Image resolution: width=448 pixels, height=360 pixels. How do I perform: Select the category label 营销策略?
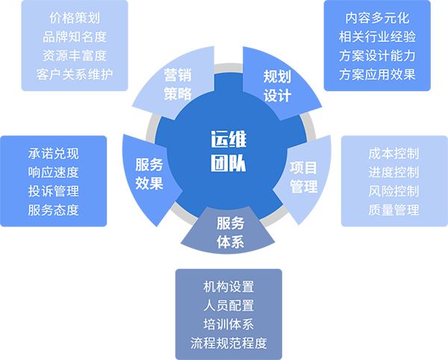pyautogui.click(x=178, y=84)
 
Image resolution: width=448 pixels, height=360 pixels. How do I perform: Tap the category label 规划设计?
pyautogui.click(x=277, y=86)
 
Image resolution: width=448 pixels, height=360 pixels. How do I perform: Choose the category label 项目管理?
pyautogui.click(x=303, y=177)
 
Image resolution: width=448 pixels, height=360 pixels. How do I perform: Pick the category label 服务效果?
pyautogui.click(x=149, y=174)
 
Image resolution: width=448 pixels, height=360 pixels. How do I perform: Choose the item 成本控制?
pyautogui.click(x=393, y=153)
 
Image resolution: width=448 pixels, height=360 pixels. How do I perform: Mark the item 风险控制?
pyautogui.click(x=393, y=191)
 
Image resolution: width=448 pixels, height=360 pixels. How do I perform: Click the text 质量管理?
pyautogui.click(x=393, y=210)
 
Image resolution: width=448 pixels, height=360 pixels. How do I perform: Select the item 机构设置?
pyautogui.click(x=228, y=286)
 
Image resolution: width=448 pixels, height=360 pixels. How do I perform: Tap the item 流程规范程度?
pyautogui.click(x=228, y=344)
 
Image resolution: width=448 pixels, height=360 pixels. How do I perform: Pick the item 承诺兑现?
pyautogui.click(x=53, y=154)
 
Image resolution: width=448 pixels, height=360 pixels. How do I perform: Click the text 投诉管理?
pyautogui.click(x=53, y=191)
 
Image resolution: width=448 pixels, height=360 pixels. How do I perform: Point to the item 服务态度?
pyautogui.click(x=53, y=210)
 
